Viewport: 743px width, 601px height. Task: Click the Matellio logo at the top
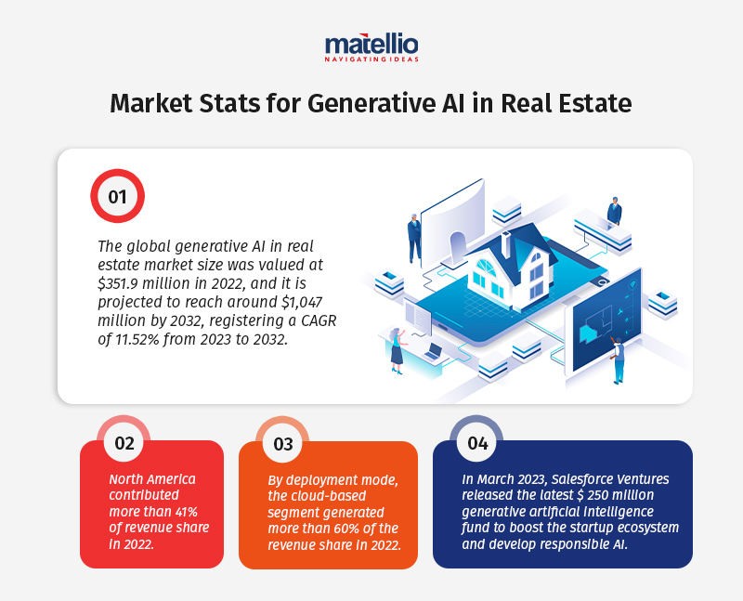pyautogui.click(x=371, y=47)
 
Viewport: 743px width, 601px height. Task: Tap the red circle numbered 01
pyautogui.click(x=116, y=196)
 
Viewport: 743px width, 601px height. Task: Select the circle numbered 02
pyautogui.click(x=124, y=442)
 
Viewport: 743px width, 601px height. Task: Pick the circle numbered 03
pyautogui.click(x=282, y=443)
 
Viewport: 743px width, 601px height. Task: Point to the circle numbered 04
pyautogui.click(x=477, y=442)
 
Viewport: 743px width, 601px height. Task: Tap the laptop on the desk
pyautogui.click(x=435, y=351)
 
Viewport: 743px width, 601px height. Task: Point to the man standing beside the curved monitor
pyautogui.click(x=414, y=236)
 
